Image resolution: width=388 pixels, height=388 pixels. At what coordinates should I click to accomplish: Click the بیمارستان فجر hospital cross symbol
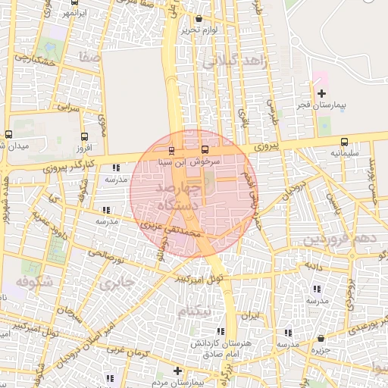(x=321, y=93)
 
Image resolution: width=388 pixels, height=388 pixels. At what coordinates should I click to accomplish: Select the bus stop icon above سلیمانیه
(x=345, y=142)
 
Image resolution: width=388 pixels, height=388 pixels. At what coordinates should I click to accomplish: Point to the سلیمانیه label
(x=344, y=153)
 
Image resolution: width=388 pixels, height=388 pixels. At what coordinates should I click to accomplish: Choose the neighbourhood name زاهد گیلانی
(x=235, y=63)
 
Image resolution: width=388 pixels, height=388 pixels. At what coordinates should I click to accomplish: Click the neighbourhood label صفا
(x=89, y=57)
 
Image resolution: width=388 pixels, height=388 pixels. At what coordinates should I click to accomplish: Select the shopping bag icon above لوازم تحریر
(x=199, y=19)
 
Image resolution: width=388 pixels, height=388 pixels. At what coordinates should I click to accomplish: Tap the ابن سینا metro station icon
(x=171, y=149)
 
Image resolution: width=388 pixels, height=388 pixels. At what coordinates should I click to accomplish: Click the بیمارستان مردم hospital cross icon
(x=177, y=371)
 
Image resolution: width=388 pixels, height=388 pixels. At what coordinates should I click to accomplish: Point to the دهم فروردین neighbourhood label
(x=340, y=239)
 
